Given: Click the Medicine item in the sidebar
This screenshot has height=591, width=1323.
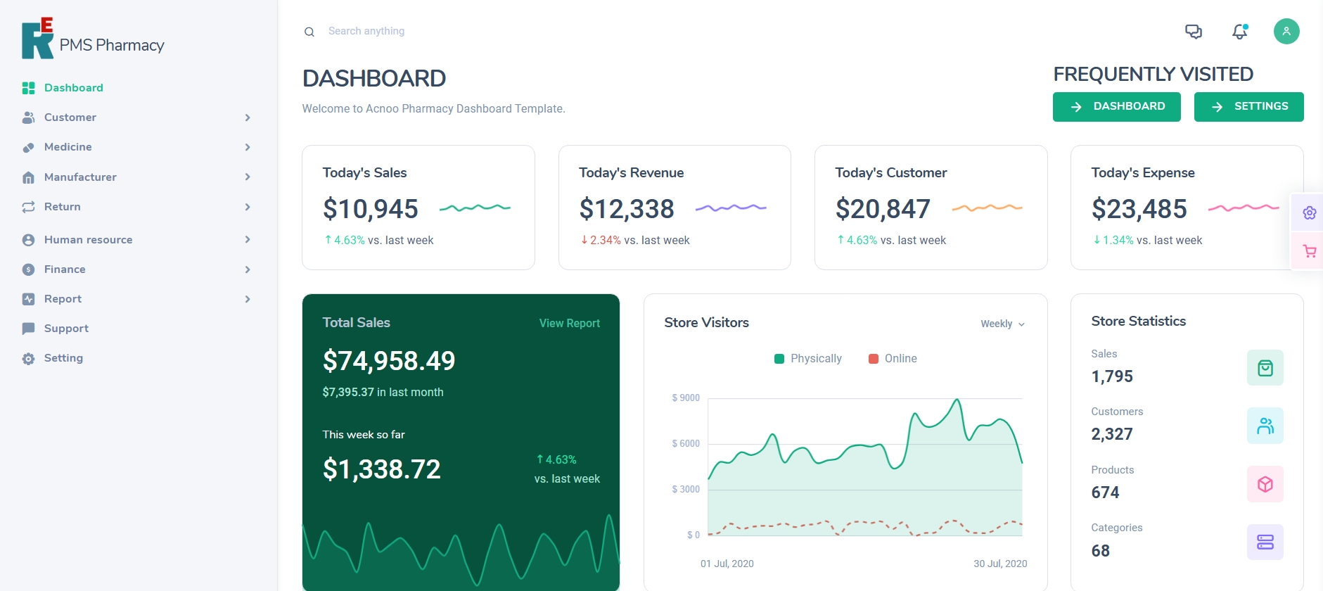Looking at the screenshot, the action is click(x=68, y=147).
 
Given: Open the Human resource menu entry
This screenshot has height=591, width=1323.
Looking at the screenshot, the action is click(x=88, y=240).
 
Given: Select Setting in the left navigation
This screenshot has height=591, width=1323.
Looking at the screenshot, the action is click(x=63, y=358).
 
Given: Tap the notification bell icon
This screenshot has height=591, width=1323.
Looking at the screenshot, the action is click(x=1239, y=32).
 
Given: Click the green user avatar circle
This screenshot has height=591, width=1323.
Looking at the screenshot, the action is click(x=1286, y=31).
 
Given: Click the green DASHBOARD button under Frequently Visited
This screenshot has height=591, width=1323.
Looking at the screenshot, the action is click(x=1116, y=107).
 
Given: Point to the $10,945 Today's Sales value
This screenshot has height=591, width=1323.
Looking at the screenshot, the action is click(x=370, y=209).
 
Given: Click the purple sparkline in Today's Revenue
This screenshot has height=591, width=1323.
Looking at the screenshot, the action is click(x=730, y=208).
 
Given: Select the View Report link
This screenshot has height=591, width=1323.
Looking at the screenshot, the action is click(x=569, y=323).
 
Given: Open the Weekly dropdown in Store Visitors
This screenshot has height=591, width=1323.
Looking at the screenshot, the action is click(x=1002, y=324).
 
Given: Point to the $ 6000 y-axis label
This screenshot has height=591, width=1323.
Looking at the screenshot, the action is click(x=686, y=444).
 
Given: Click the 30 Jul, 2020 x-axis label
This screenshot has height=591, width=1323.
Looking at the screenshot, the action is click(x=999, y=564).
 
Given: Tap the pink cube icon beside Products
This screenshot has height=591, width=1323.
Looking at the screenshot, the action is click(x=1265, y=484).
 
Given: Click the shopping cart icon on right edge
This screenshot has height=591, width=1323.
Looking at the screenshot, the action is click(x=1309, y=251).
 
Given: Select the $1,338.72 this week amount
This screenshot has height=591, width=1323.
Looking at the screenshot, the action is click(x=381, y=469).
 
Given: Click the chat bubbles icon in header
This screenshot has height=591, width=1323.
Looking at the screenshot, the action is click(x=1193, y=32).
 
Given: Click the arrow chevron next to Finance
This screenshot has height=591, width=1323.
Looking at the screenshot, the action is click(x=248, y=269).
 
